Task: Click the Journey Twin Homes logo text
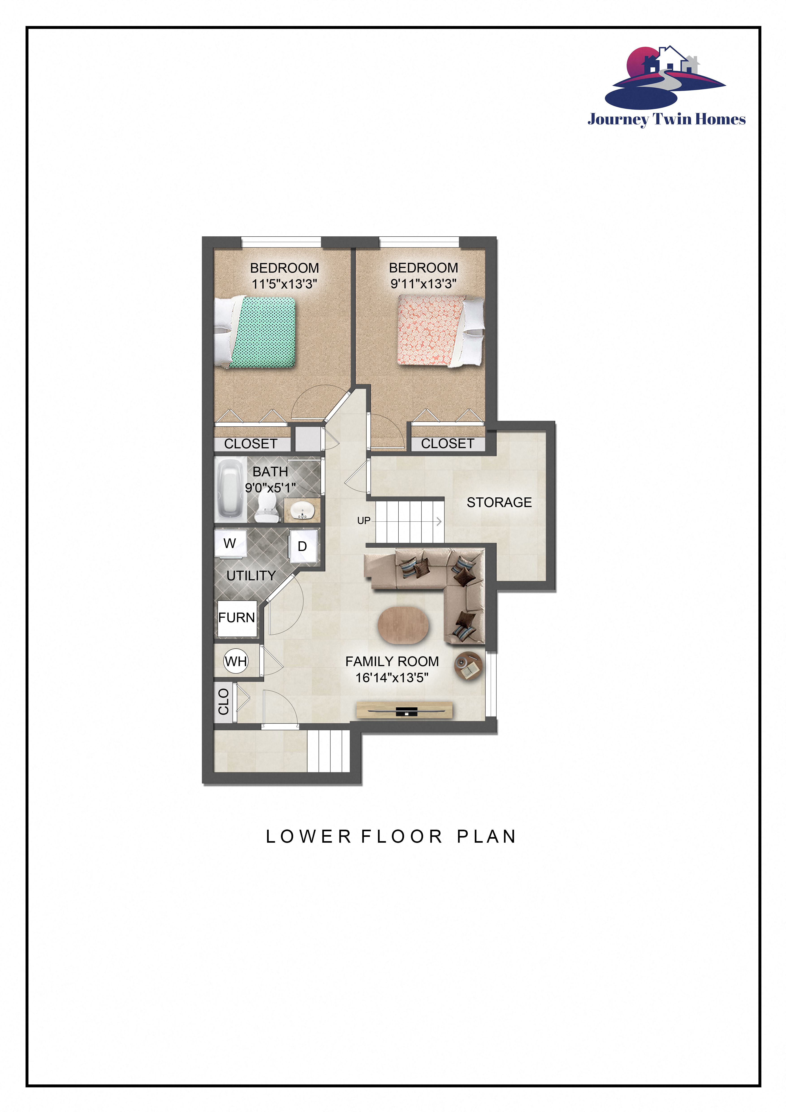tap(666, 119)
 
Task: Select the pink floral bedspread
tap(429, 330)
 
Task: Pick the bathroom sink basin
tap(302, 510)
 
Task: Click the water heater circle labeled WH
tap(236, 661)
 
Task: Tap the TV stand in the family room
tap(404, 710)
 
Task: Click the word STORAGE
tap(499, 502)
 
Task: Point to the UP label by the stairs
tap(364, 521)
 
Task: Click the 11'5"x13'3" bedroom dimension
tap(284, 284)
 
